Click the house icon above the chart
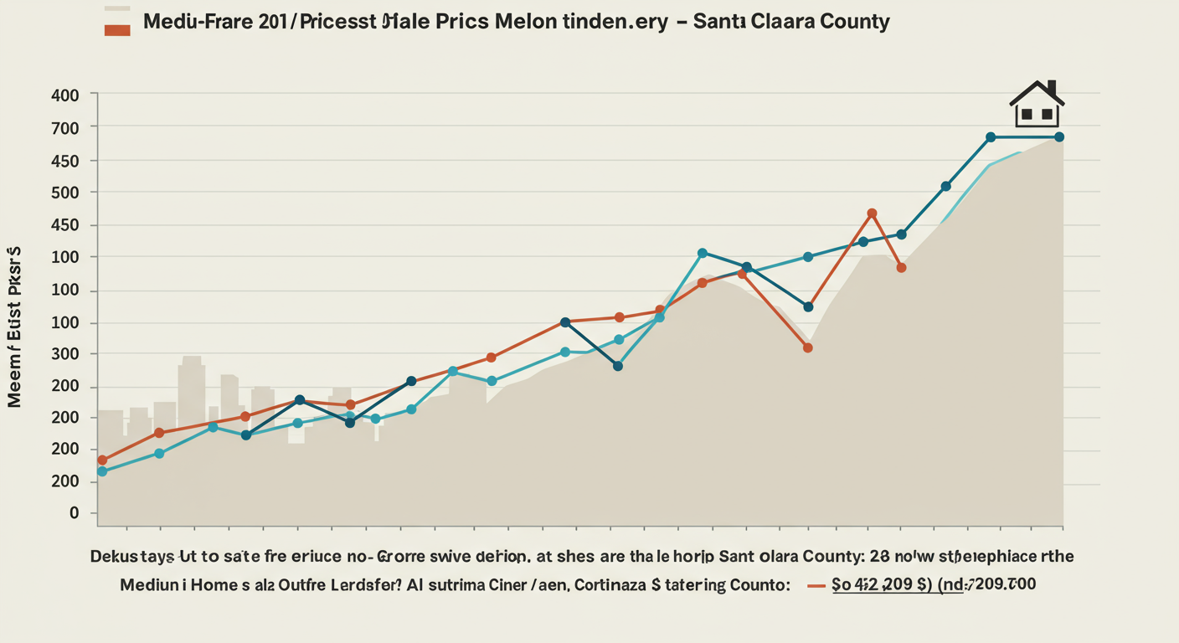(1037, 105)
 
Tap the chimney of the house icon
(1053, 88)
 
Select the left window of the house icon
(1026, 113)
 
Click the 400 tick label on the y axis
(64, 95)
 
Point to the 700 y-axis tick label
(64, 128)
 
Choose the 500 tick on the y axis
(64, 193)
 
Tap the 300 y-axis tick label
(64, 354)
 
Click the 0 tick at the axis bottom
(74, 513)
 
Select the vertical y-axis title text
(14, 327)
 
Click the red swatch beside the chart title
(117, 30)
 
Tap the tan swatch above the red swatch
(117, 10)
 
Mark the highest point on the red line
(872, 213)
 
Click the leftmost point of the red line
(102, 460)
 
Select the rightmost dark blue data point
(1058, 136)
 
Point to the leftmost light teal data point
(102, 471)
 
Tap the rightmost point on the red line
(901, 268)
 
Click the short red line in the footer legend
(816, 586)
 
